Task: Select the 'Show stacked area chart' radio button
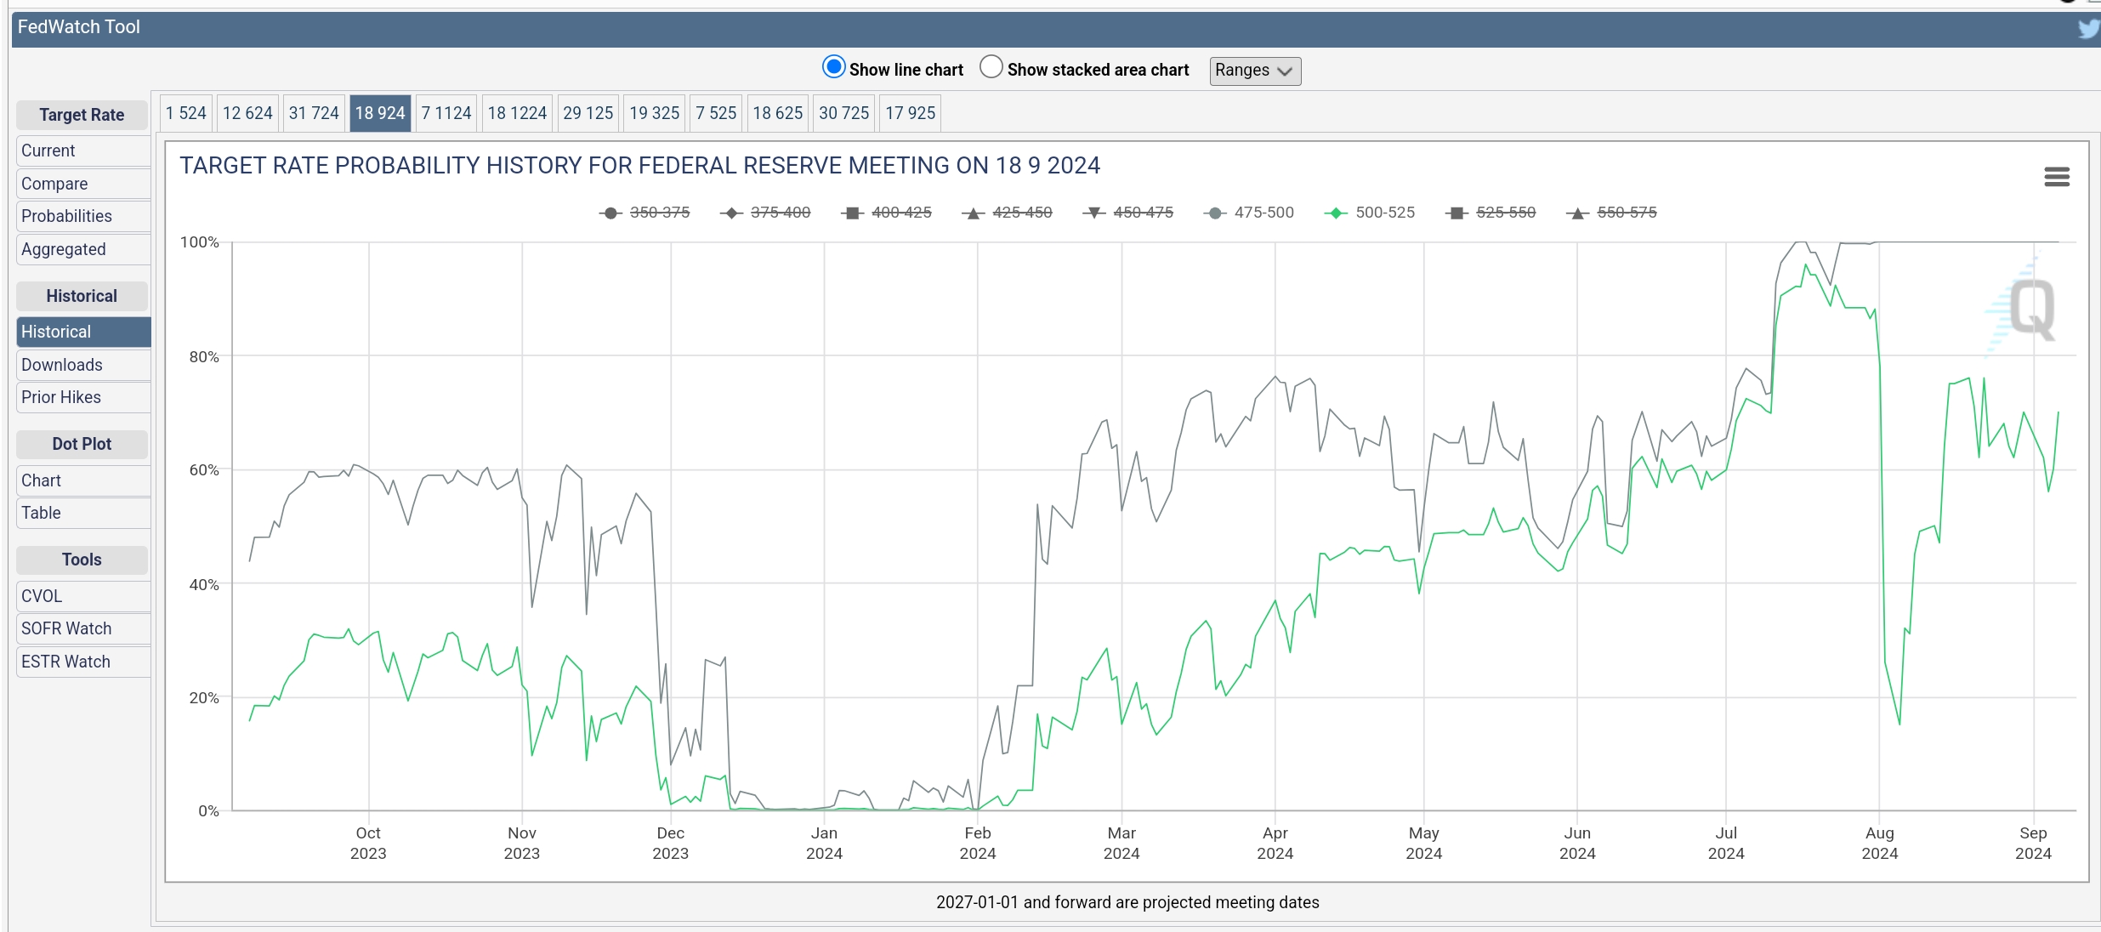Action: click(x=991, y=67)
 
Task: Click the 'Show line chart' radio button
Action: click(x=833, y=67)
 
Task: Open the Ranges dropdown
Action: click(x=1255, y=71)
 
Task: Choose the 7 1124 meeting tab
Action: click(x=446, y=113)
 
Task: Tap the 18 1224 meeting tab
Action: click(x=517, y=113)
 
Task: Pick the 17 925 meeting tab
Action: click(x=910, y=113)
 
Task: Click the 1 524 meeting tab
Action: click(x=186, y=113)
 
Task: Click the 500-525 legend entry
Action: click(x=1370, y=213)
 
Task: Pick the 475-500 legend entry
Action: click(x=1249, y=213)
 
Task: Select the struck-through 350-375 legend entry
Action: click(x=644, y=213)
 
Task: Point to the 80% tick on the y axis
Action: click(x=204, y=356)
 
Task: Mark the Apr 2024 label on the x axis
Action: click(x=1275, y=844)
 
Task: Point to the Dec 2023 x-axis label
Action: click(x=671, y=844)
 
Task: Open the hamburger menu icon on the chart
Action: click(x=2057, y=177)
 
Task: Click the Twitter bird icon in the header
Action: click(x=2088, y=29)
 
